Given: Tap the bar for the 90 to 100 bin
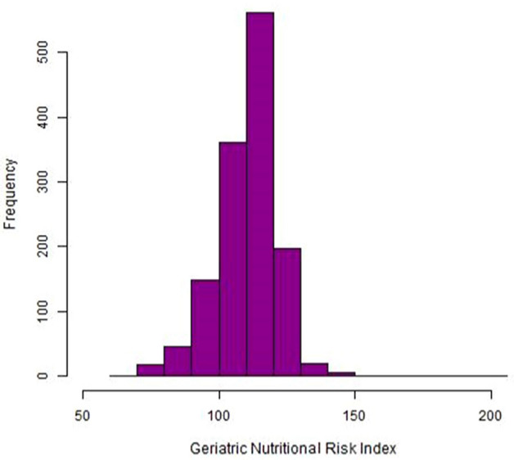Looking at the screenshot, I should coord(205,327).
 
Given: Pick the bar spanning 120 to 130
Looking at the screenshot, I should coord(287,312).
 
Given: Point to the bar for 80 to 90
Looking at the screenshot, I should coord(178,361).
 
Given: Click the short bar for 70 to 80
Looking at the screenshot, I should coord(150,370).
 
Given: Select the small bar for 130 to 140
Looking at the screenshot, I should coord(314,369).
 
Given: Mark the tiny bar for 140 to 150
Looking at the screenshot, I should coord(341,373).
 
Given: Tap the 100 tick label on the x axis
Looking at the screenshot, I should coord(219,415).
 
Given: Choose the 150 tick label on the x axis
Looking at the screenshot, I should coord(354,415).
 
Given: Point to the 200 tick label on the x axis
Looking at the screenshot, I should coord(490,415).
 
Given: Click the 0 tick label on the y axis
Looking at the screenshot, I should coord(63,376).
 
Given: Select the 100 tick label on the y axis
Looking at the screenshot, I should coord(63,311).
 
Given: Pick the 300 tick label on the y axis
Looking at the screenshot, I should coord(63,181).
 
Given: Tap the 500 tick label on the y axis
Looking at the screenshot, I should coord(63,52).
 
